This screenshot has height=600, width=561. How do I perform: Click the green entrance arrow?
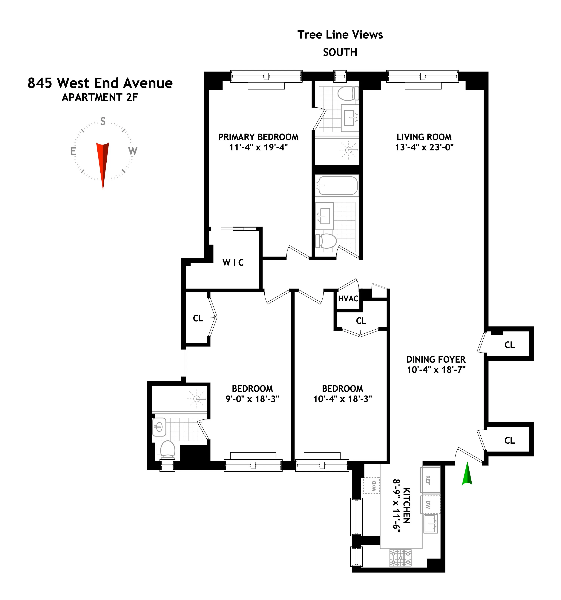click(x=467, y=474)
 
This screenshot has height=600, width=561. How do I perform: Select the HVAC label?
click(x=348, y=299)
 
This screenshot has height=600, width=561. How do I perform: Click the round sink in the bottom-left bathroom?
click(x=159, y=427)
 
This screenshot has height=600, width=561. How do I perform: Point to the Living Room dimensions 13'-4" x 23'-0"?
click(x=424, y=147)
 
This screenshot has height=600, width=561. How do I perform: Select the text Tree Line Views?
click(x=340, y=35)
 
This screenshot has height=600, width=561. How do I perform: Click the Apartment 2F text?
click(x=100, y=97)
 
